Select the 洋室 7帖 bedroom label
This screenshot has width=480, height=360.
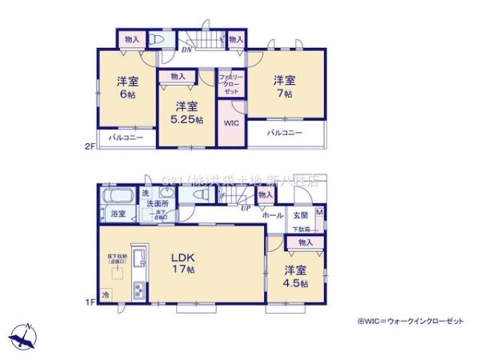pos(285,86)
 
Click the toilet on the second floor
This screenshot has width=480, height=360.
pos(158,39)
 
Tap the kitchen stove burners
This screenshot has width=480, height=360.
pos(138,290)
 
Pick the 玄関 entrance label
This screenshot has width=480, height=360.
pos(299,214)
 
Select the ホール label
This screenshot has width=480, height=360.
pos(272,214)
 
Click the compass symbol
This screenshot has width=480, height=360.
pos(25,334)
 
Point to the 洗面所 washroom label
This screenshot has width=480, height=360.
pos(156,203)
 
